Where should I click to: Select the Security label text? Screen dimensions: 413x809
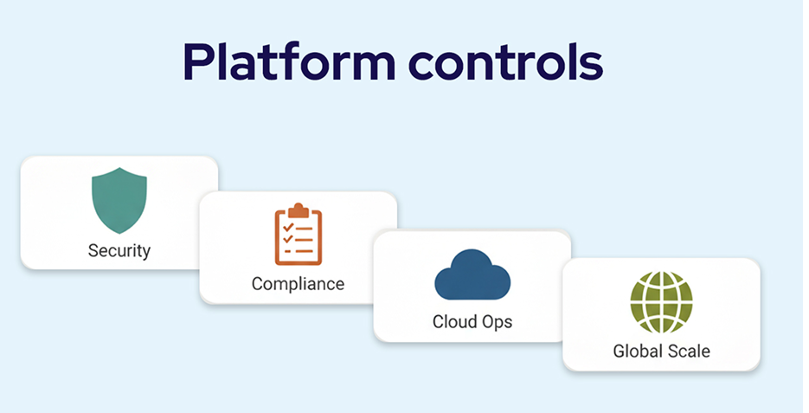(x=119, y=251)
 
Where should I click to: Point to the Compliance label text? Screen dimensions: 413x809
(x=298, y=284)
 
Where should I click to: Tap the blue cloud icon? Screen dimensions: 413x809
(x=472, y=276)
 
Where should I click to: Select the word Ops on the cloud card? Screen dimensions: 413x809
(x=497, y=322)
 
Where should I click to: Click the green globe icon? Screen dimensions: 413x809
(x=661, y=302)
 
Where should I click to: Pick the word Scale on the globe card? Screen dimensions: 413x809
(x=690, y=351)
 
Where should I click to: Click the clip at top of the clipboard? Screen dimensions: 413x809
(x=298, y=210)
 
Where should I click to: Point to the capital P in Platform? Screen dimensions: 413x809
(x=197, y=63)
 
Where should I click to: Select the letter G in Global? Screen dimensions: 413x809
(x=619, y=351)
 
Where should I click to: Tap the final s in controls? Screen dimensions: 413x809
(x=592, y=66)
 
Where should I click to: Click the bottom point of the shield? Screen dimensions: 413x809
(x=119, y=231)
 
